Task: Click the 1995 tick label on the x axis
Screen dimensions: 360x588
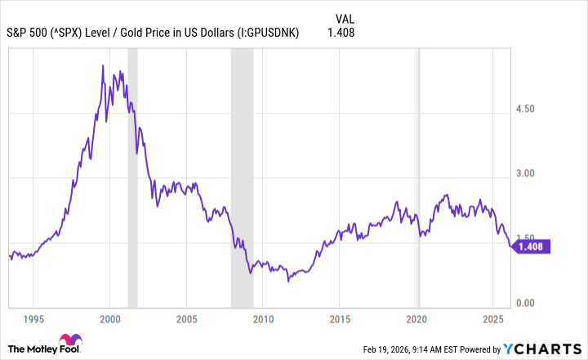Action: tap(34, 318)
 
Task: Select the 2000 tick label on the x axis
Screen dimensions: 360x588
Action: tap(110, 318)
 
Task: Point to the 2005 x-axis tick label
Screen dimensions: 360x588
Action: tap(187, 318)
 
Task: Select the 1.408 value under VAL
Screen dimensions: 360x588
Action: tap(341, 33)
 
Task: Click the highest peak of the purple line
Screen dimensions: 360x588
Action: tap(102, 64)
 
